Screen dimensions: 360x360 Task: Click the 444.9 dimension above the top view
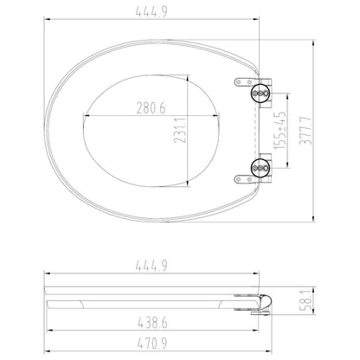click(151, 12)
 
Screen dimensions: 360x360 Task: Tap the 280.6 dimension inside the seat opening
click(151, 108)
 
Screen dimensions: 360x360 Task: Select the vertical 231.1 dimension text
click(180, 129)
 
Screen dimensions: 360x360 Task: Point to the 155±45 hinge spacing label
click(280, 131)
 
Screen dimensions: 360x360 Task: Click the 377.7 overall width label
click(305, 131)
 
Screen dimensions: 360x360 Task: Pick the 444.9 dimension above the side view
click(151, 266)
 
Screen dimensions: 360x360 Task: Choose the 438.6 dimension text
click(152, 323)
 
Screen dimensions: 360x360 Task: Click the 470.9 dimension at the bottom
click(151, 344)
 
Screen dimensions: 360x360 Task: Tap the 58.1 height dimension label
click(305, 300)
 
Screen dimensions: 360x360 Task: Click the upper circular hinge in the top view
click(260, 93)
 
